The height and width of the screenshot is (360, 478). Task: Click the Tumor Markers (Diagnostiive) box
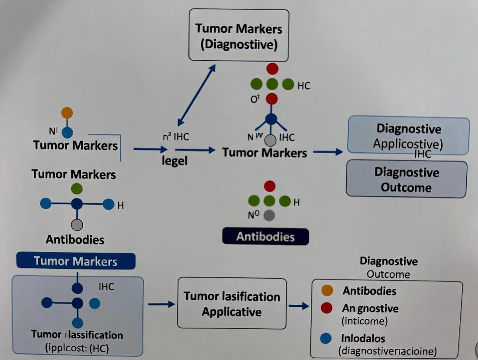tap(239, 35)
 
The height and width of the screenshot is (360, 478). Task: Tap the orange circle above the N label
tap(67, 112)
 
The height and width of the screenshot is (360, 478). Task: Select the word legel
tap(174, 161)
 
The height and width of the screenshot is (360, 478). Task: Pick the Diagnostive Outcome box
tap(406, 180)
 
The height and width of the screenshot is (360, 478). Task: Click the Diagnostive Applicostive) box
tap(408, 135)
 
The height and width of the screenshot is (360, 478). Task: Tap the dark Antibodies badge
tap(265, 237)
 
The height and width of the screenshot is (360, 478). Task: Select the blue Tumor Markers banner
tap(75, 261)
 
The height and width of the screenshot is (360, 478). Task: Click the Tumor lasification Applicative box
tap(232, 304)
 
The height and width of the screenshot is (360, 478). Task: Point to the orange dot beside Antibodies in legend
tap(327, 290)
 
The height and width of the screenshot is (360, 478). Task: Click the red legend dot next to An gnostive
tap(327, 308)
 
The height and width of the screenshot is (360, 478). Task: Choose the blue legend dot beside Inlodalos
tap(327, 337)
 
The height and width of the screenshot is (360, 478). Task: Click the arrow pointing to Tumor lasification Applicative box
tap(161, 304)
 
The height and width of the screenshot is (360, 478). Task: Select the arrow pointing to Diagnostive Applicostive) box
tap(327, 152)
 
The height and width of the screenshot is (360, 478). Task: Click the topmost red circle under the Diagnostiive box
tap(272, 68)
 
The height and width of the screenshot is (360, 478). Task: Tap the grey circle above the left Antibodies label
tap(77, 225)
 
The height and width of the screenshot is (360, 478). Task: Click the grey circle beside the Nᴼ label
tap(269, 215)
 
